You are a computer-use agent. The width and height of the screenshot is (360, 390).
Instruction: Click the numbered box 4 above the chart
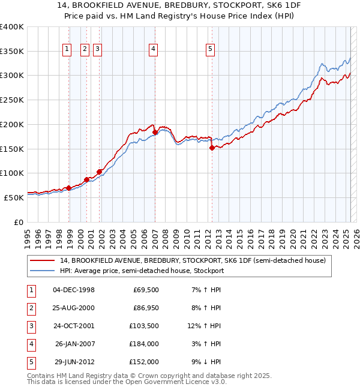154,50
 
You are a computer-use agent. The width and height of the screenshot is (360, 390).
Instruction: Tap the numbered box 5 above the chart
211,50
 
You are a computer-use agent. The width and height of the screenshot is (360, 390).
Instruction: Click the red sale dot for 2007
155,132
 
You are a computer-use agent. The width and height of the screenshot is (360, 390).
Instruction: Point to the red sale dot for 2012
212,148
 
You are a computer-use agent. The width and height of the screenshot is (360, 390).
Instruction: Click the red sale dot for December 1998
69,188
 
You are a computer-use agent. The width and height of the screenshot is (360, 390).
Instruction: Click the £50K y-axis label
14,197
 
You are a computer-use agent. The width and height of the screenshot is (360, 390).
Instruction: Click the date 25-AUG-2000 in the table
74,308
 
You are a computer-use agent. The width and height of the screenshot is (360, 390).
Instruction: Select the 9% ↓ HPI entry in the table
206,362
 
